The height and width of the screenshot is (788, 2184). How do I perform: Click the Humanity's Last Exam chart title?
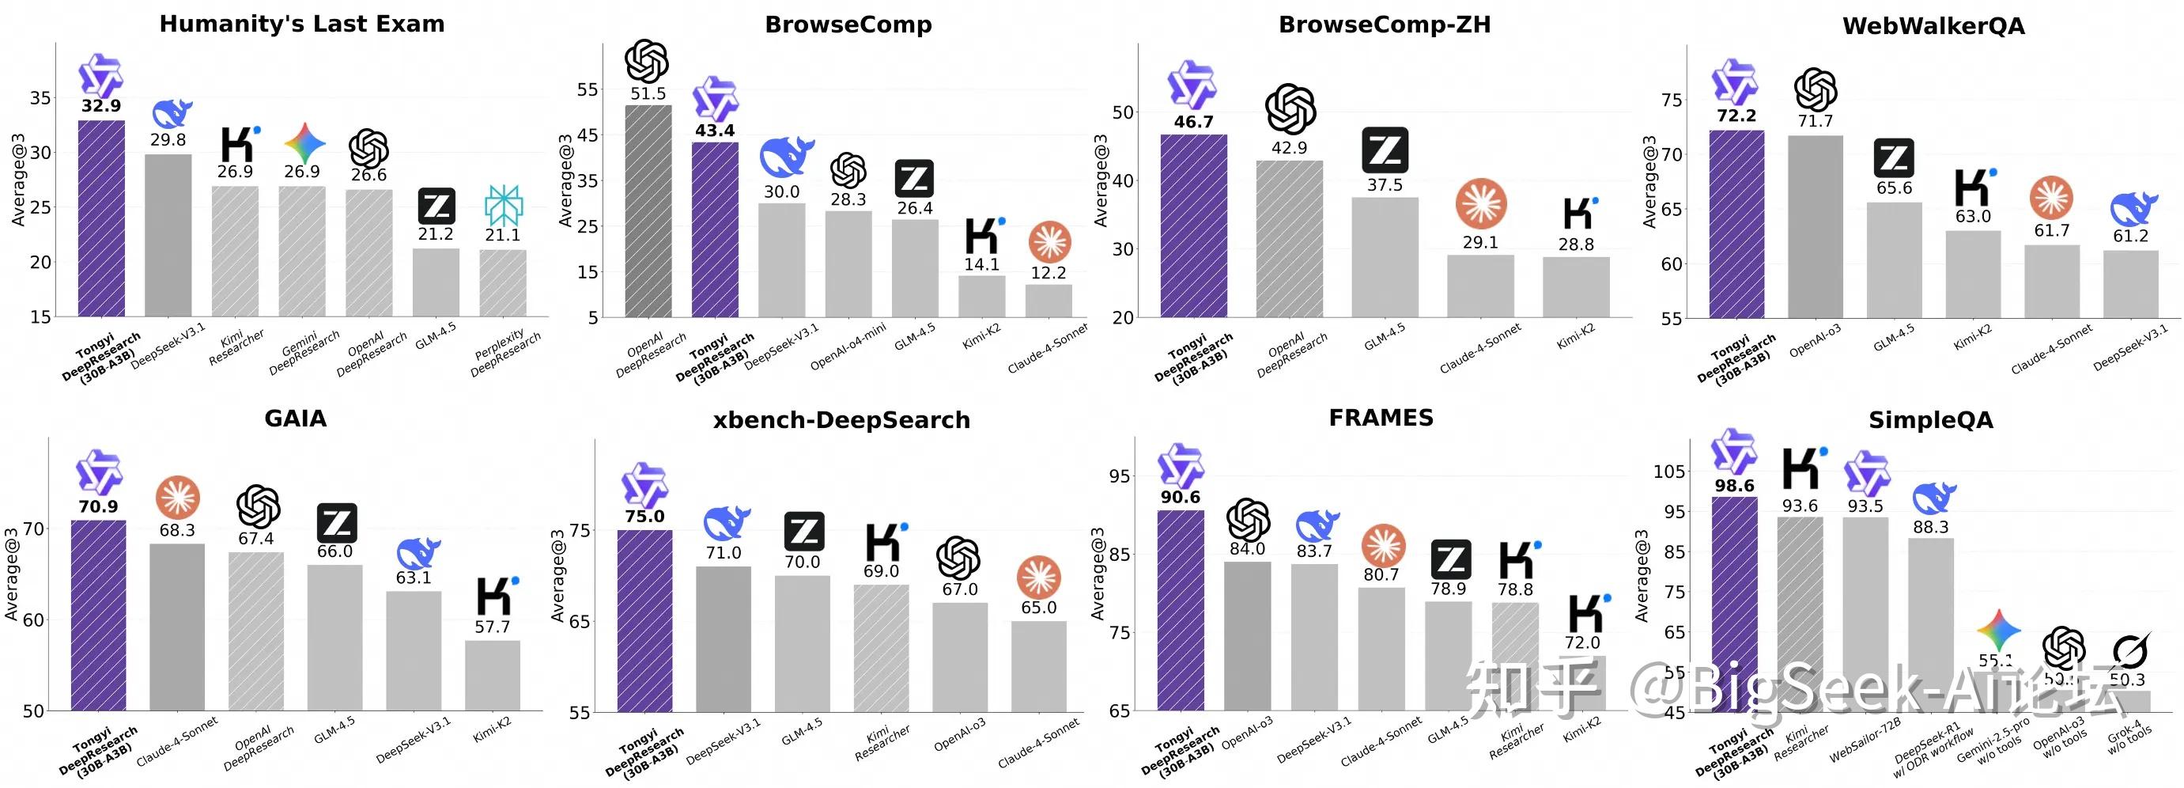point(302,24)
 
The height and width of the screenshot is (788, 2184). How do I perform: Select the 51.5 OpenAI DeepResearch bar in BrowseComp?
point(648,212)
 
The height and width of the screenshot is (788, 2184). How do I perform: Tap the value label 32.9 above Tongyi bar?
point(101,106)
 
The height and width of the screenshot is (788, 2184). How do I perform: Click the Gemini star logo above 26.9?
point(304,142)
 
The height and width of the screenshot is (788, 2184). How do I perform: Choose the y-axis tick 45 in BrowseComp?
point(587,134)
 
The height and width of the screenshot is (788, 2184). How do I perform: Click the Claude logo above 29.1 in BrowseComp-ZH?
point(1480,203)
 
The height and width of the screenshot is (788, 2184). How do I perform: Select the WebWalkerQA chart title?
point(1933,26)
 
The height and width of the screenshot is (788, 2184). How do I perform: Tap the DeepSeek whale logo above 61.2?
point(2133,208)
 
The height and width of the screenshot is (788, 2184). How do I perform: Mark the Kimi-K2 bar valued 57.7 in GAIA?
point(492,675)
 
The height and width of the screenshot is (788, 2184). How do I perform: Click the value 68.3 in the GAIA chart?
point(177,531)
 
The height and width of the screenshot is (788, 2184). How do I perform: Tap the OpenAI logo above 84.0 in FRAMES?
point(1248,519)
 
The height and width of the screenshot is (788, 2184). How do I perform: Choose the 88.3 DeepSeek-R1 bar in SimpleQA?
point(1930,623)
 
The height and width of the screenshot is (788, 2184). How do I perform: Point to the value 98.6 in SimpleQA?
point(1734,486)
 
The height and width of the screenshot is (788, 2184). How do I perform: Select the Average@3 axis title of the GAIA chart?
point(11,574)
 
